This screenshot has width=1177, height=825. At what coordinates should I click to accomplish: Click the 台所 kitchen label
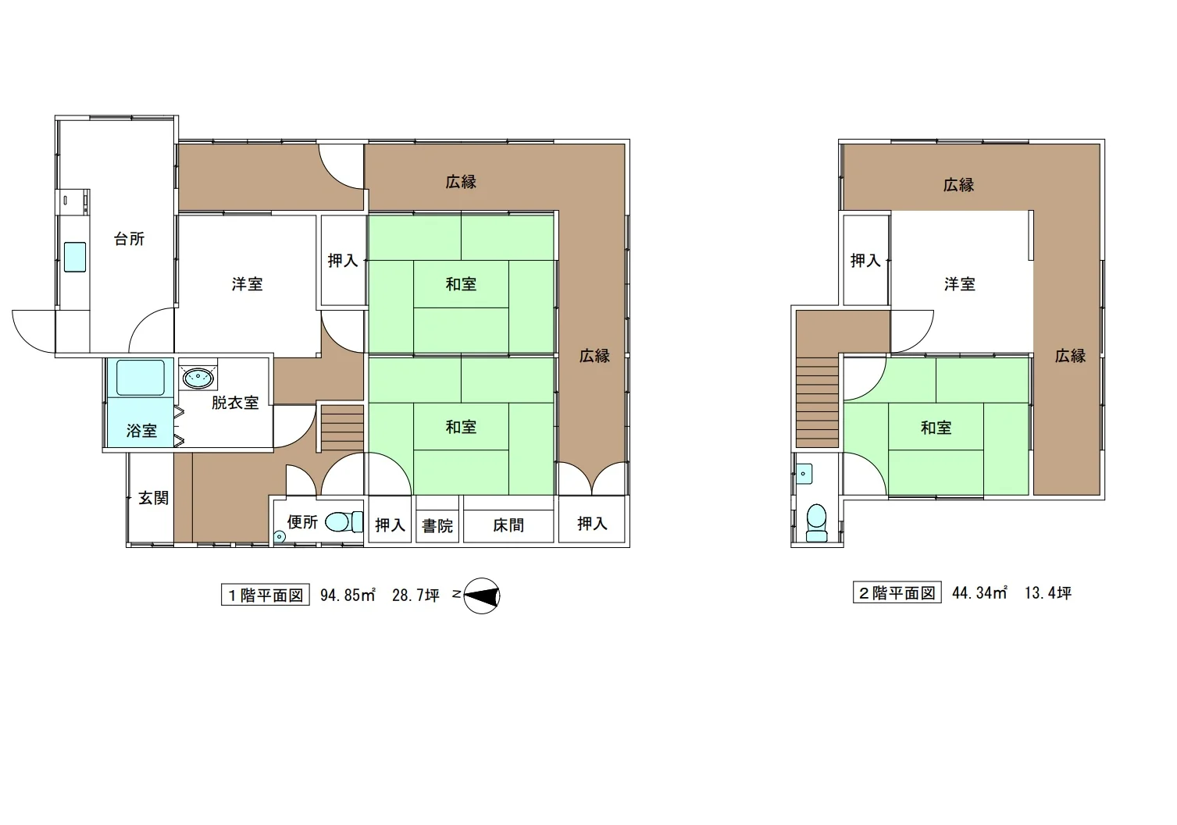pyautogui.click(x=130, y=240)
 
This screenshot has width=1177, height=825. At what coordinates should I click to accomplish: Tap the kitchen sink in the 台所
pyautogui.click(x=75, y=257)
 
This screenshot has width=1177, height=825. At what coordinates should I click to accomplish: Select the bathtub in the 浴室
pyautogui.click(x=141, y=378)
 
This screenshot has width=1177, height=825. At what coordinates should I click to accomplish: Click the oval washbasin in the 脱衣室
pyautogui.click(x=198, y=377)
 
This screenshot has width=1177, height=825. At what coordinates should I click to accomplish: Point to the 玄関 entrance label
pyautogui.click(x=153, y=498)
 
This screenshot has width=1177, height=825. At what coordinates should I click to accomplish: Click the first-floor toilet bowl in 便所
pyautogui.click(x=344, y=522)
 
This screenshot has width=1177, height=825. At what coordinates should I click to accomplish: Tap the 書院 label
pyautogui.click(x=437, y=525)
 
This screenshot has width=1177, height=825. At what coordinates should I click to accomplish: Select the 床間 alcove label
pyautogui.click(x=508, y=525)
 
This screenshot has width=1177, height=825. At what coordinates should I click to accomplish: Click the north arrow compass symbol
pyautogui.click(x=481, y=596)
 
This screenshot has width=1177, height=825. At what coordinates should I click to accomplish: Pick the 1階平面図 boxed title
pyautogui.click(x=266, y=595)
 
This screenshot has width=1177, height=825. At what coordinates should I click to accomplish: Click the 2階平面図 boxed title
pyautogui.click(x=897, y=593)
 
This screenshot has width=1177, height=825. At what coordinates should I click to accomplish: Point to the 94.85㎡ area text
pyautogui.click(x=348, y=595)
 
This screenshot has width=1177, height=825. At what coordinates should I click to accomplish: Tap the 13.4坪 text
pyautogui.click(x=1047, y=593)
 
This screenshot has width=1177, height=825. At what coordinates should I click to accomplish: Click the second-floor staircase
pyautogui.click(x=817, y=402)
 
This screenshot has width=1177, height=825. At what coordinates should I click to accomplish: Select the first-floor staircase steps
pyautogui.click(x=342, y=428)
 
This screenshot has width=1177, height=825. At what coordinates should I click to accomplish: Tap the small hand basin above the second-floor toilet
pyautogui.click(x=804, y=474)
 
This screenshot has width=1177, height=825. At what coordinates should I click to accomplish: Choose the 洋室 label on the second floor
pyautogui.click(x=959, y=284)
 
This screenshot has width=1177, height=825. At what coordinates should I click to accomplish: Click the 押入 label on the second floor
pyautogui.click(x=865, y=260)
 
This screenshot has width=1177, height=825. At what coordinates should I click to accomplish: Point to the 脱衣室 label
pyautogui.click(x=235, y=403)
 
